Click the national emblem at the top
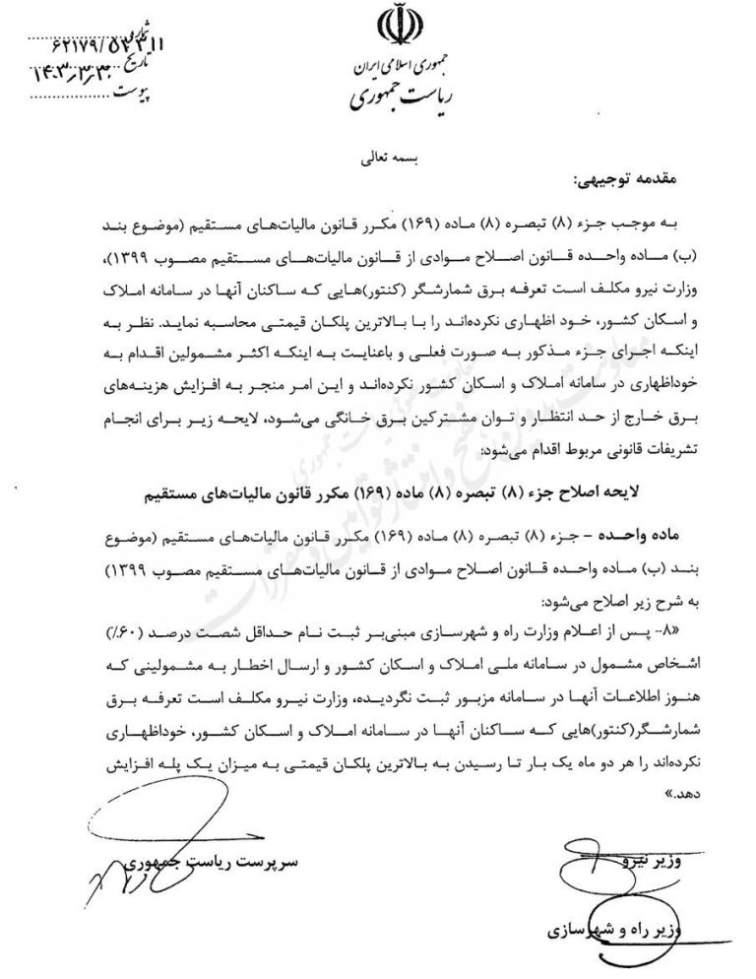pos(390,28)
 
